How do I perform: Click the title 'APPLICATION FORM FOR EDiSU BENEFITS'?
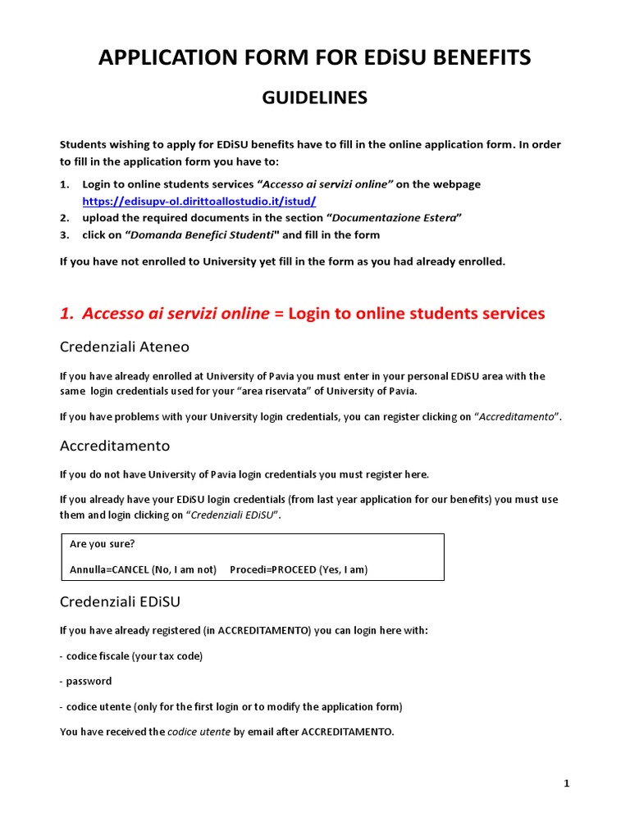click(315, 57)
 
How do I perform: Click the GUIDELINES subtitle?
click(315, 98)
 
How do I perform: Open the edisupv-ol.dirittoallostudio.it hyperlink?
click(199, 202)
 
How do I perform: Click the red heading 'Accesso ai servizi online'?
click(176, 314)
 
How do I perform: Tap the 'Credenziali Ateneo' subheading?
click(124, 347)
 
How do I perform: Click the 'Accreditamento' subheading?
click(115, 447)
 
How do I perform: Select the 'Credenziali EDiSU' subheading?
click(120, 602)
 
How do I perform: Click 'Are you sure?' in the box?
click(103, 544)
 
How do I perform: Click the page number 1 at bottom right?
click(566, 784)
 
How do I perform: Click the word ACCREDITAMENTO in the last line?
click(347, 732)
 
